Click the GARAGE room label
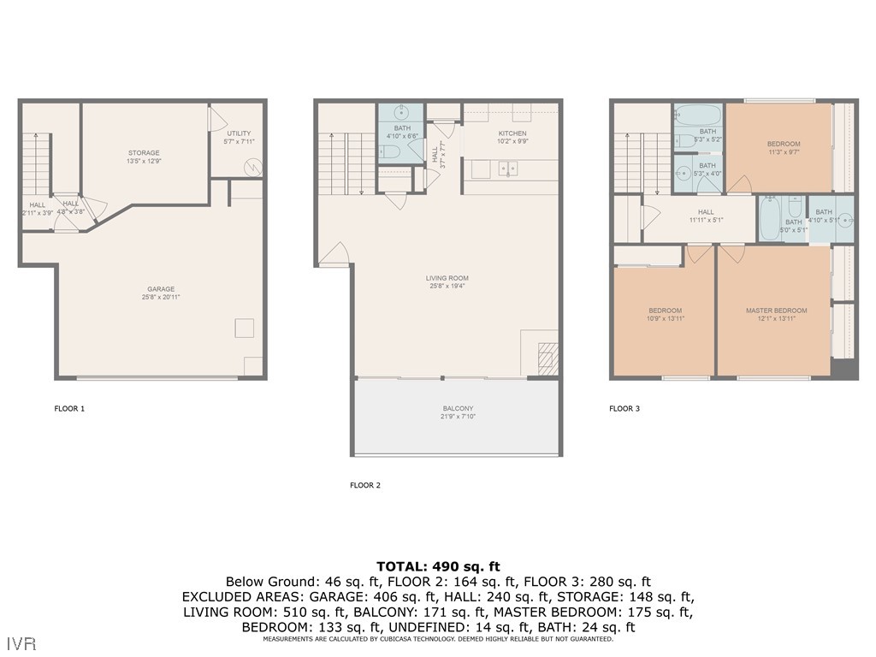pos(161,289)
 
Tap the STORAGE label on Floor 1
pos(144,153)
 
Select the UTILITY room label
pos(239,133)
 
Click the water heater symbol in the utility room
pos(252,167)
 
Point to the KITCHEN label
pos(512,133)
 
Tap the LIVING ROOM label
pos(447,278)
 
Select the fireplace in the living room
pos(547,355)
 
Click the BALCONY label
pos(458,409)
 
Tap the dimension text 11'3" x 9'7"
pos(784,152)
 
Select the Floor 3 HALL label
pos(705,212)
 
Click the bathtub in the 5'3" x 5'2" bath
pos(697,115)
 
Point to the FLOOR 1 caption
pos(69,409)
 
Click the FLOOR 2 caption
pos(365,485)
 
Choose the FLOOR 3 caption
pos(624,409)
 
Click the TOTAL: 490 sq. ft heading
pos(437,566)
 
